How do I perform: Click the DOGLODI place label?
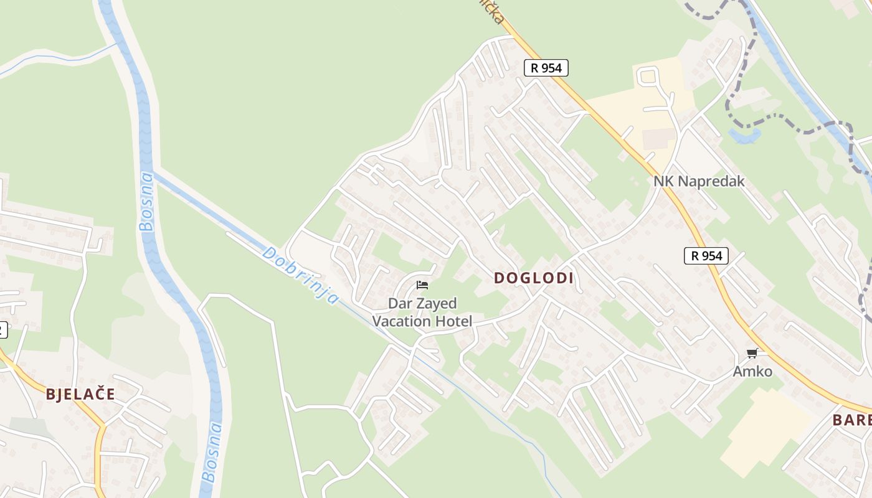tap(533, 278)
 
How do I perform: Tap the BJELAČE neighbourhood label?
tap(80, 394)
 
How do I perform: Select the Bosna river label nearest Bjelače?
tap(212, 453)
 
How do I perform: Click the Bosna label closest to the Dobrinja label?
tap(146, 201)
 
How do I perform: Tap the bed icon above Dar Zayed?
tap(422, 286)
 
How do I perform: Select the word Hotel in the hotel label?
tap(455, 321)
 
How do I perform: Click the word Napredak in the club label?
tap(711, 181)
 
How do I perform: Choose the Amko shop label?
tap(752, 372)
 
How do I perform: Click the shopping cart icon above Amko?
tap(752, 354)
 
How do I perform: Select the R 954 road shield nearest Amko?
tap(706, 255)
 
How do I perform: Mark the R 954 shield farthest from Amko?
tap(546, 68)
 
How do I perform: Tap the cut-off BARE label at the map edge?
tap(852, 420)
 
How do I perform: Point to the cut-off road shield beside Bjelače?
tap(2, 329)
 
